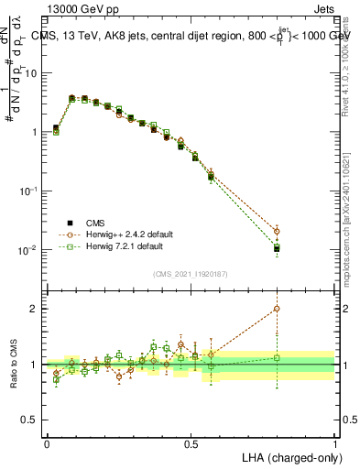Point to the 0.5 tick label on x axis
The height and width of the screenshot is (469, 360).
tap(191, 443)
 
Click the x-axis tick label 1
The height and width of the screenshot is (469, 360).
tap(335, 443)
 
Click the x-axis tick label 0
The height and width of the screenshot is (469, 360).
tap(47, 443)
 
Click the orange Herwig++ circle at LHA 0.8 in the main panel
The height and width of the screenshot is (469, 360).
tap(277, 231)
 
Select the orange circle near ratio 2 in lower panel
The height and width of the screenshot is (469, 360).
tap(277, 309)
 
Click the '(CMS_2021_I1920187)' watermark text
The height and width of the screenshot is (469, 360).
tap(191, 273)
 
